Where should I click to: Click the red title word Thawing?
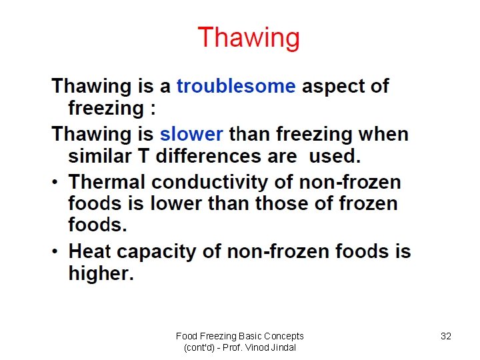(x=249, y=38)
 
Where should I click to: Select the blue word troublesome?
(x=236, y=86)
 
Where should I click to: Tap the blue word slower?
(x=191, y=134)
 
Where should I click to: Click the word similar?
(x=101, y=156)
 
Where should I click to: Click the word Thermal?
(x=107, y=182)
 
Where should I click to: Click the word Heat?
(x=90, y=251)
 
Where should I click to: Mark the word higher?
(x=101, y=273)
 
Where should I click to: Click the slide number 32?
(x=446, y=336)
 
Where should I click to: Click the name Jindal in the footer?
(x=283, y=347)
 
